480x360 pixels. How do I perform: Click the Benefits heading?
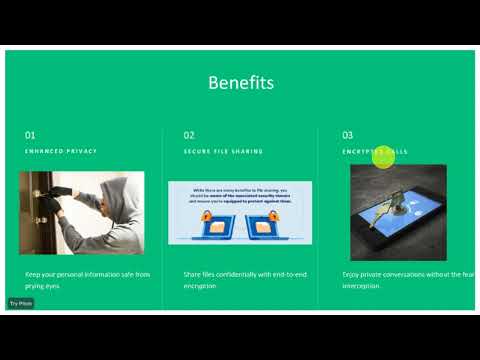click(240, 83)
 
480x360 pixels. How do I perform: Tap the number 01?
click(30, 134)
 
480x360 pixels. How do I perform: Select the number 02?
click(189, 134)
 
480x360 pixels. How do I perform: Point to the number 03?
click(348, 134)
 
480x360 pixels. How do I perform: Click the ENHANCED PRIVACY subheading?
click(61, 152)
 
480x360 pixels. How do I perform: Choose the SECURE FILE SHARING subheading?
click(223, 152)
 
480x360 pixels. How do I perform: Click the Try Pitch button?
click(21, 303)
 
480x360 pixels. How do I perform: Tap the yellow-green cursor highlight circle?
click(384, 156)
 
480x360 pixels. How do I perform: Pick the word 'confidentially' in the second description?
click(232, 273)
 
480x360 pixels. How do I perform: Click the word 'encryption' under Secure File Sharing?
click(200, 286)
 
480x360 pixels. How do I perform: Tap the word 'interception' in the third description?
click(361, 286)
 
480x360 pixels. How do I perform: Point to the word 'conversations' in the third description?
click(412, 273)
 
